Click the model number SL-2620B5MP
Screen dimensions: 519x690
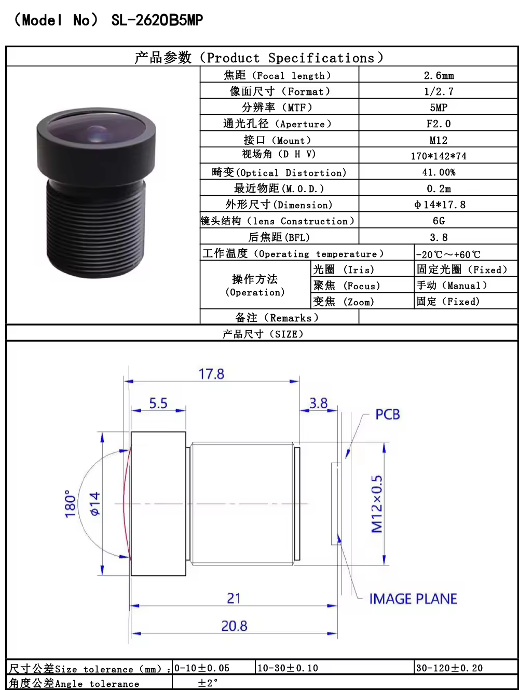(x=157, y=20)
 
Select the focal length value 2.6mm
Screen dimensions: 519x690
(x=439, y=75)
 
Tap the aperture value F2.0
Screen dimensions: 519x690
(x=439, y=124)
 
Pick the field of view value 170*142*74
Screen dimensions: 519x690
(x=439, y=156)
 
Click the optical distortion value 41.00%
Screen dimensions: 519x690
(x=439, y=172)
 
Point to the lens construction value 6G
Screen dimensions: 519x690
(x=439, y=221)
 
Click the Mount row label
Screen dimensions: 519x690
(x=277, y=140)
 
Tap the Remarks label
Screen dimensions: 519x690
(x=277, y=318)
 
